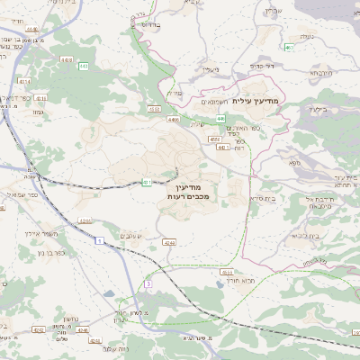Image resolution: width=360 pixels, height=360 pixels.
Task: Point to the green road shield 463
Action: [288, 47]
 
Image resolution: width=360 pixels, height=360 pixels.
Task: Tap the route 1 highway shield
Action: [97, 240]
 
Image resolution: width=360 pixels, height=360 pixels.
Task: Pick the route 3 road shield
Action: [146, 283]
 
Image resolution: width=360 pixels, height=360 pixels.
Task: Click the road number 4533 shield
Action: [226, 271]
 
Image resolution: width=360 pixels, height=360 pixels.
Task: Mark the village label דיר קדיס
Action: [261, 66]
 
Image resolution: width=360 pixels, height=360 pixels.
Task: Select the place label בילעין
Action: [317, 109]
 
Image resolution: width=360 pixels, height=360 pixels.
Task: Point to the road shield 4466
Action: [173, 117]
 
